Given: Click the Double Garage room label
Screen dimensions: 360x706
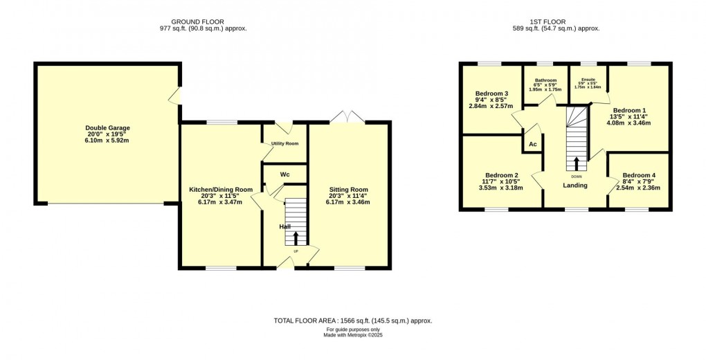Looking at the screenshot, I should pyautogui.click(x=107, y=128).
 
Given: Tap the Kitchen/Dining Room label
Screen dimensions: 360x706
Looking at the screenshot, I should pyautogui.click(x=221, y=190).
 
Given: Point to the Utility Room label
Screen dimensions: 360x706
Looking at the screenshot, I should pyautogui.click(x=284, y=143).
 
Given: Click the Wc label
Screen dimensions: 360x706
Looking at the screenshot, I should pyautogui.click(x=284, y=174).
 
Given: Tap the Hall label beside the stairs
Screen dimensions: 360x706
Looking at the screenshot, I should pyautogui.click(x=285, y=226).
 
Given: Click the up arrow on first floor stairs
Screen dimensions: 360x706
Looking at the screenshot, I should pyautogui.click(x=577, y=163).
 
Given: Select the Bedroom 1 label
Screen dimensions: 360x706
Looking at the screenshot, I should pyautogui.click(x=630, y=111).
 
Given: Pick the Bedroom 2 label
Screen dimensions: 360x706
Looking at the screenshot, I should pyautogui.click(x=502, y=175).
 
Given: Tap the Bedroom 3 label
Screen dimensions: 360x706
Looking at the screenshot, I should pyautogui.click(x=492, y=93).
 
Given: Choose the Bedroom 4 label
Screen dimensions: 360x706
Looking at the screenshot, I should pyautogui.click(x=638, y=175).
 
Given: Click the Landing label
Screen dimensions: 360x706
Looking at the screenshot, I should pyautogui.click(x=575, y=186).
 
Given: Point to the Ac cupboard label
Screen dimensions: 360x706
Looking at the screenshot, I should pyautogui.click(x=533, y=144).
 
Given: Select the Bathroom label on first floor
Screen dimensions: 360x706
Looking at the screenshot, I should pyautogui.click(x=545, y=80).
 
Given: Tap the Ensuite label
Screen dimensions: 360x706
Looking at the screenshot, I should pyautogui.click(x=588, y=79).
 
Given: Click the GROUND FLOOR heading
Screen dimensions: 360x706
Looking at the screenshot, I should pyautogui.click(x=203, y=21).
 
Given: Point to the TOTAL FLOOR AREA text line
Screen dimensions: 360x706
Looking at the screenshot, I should pyautogui.click(x=353, y=321).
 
